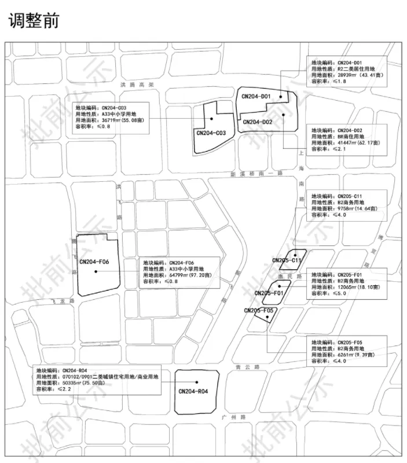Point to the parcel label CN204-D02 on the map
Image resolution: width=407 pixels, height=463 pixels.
[258, 122]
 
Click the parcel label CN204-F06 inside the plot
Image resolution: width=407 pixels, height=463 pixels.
[94, 262]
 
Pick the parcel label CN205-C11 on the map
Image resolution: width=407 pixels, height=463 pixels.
[287, 260]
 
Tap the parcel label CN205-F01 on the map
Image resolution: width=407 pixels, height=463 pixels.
[269, 293]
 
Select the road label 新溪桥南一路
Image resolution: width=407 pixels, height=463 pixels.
[255, 174]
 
